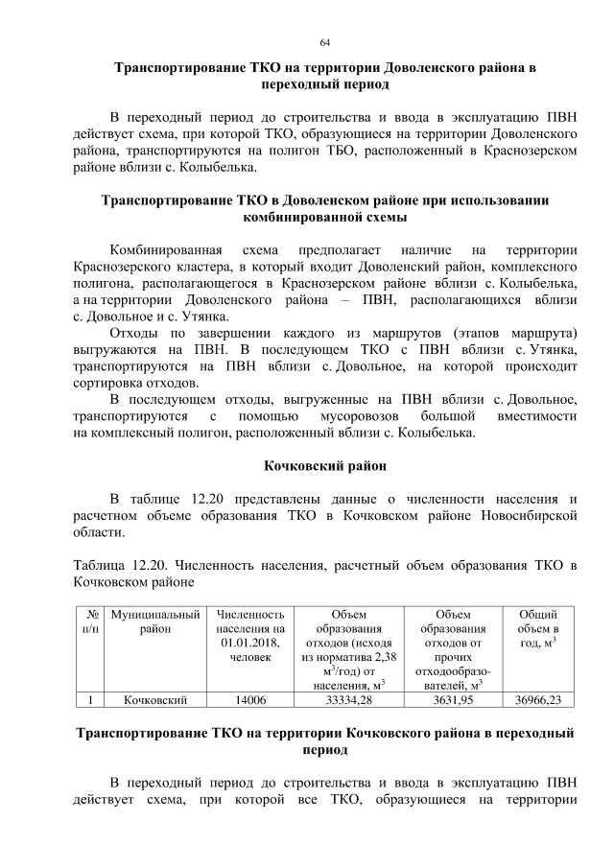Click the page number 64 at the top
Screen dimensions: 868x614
pyautogui.click(x=325, y=43)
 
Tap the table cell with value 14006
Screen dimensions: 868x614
pyautogui.click(x=251, y=700)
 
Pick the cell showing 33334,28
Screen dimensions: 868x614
pyautogui.click(x=349, y=700)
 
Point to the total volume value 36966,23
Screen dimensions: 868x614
pyautogui.click(x=538, y=700)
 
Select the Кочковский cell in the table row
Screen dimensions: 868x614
pyautogui.click(x=154, y=700)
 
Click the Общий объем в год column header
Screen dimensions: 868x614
pyautogui.click(x=538, y=628)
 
